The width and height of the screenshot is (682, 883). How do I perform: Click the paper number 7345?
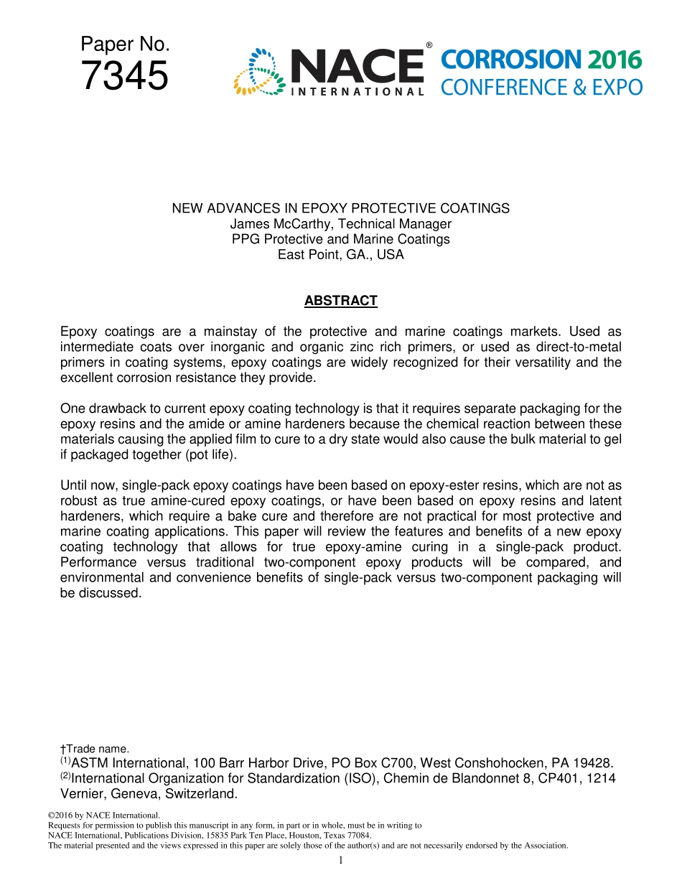coord(125,77)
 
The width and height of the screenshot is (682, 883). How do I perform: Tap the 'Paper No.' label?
coord(125,45)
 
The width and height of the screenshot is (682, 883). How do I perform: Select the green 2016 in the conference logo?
coord(614,60)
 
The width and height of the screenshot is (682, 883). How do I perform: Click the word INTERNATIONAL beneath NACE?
coord(357,92)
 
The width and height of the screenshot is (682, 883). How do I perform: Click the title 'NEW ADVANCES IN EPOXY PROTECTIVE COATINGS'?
coord(340,209)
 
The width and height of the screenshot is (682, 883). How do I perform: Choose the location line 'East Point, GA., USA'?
coord(340,254)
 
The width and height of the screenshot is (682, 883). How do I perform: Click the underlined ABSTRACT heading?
coord(340,301)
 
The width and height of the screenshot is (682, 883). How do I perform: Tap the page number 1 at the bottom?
coord(341,860)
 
